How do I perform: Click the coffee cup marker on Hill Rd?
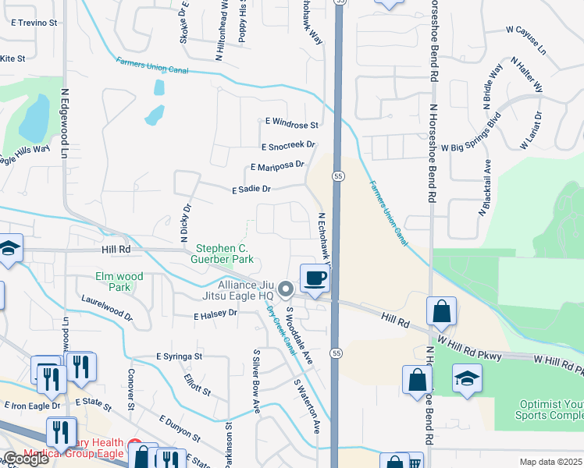(x=315, y=278)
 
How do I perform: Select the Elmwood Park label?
(x=119, y=282)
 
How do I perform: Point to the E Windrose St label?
(x=291, y=124)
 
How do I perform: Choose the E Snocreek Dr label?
(x=288, y=146)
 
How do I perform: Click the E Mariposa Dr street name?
(x=276, y=166)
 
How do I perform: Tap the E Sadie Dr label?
(x=251, y=189)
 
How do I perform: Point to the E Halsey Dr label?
(x=215, y=314)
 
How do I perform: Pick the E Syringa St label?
(x=179, y=356)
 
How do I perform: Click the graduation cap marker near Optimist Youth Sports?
(x=467, y=378)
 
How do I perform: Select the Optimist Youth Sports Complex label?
(x=550, y=409)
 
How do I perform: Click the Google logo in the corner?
(x=26, y=459)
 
